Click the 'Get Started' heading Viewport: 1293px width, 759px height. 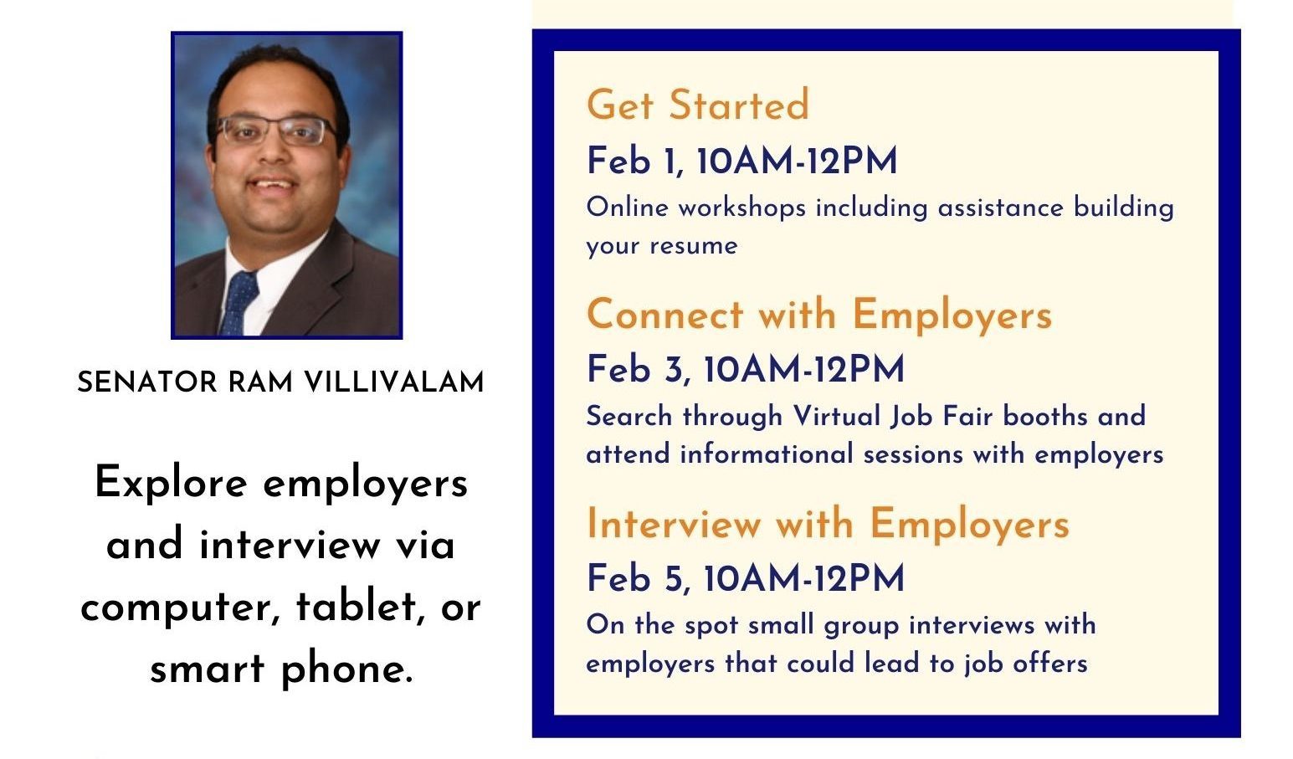[x=698, y=105]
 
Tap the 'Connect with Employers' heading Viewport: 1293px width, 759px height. [x=819, y=315]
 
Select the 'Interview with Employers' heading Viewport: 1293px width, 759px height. [x=828, y=525]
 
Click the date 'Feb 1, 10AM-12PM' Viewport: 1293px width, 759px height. [x=741, y=161]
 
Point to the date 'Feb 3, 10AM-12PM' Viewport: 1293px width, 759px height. [x=745, y=369]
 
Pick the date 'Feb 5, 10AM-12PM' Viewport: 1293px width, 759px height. [x=745, y=578]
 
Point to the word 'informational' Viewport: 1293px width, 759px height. [x=766, y=454]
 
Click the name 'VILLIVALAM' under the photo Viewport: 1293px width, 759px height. [x=394, y=382]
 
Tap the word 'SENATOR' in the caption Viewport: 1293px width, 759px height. [x=146, y=382]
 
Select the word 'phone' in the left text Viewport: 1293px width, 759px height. [x=347, y=669]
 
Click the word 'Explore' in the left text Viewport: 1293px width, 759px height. [x=171, y=484]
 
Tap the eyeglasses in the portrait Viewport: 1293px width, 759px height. [x=276, y=131]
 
